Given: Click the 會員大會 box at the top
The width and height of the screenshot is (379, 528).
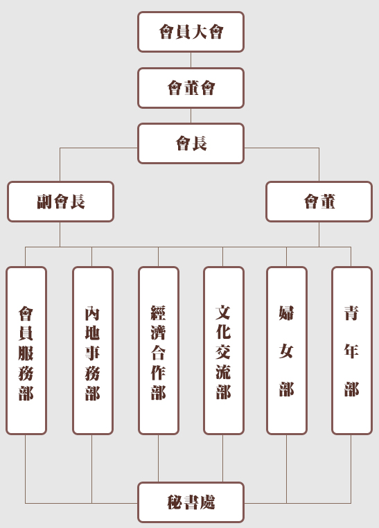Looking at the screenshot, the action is [x=191, y=32].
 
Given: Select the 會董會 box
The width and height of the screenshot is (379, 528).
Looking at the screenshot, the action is [x=191, y=88].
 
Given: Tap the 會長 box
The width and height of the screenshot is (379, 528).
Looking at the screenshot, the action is [x=191, y=143].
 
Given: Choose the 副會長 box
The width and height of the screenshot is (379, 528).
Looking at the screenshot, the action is [x=60, y=202].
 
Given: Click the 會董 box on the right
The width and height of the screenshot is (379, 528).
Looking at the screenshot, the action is [x=319, y=202].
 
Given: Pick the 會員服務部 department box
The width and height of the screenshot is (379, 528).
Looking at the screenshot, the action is [x=26, y=351].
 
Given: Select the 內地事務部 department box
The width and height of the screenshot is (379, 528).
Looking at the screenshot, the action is [x=93, y=351].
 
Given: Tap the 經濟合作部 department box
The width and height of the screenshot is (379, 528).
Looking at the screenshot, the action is [x=159, y=351].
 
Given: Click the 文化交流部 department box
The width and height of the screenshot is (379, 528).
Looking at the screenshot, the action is [x=224, y=351].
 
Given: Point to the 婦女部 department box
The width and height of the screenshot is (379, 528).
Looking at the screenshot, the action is [x=287, y=351].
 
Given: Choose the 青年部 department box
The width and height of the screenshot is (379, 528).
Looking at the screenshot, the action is [x=352, y=351].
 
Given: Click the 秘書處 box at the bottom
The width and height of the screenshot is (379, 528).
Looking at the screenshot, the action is [x=191, y=502].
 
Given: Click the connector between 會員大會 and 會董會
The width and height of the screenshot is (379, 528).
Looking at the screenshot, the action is [x=191, y=60].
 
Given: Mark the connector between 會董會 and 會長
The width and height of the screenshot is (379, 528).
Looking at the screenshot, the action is [x=191, y=116].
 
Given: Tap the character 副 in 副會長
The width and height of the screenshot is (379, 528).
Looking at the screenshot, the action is [x=45, y=202].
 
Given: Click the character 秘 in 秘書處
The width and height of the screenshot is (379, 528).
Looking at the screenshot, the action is [x=175, y=502].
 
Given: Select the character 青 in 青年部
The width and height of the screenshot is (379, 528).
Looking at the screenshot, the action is [x=352, y=313].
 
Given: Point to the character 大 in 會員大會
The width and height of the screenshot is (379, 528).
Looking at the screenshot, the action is [x=200, y=32].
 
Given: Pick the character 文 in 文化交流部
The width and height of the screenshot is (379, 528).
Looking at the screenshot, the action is [x=224, y=313].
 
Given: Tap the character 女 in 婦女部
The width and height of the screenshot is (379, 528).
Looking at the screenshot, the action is [x=286, y=351].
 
